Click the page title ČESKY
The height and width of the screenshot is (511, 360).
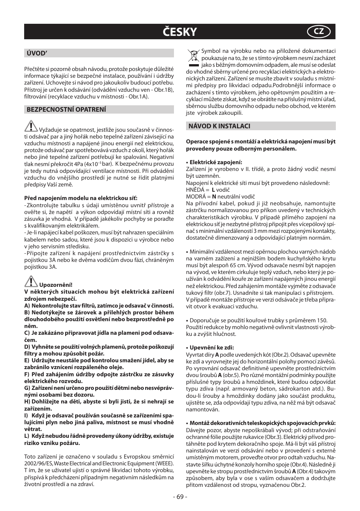(x=180, y=32)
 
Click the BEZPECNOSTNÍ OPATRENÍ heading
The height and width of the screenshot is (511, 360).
(x=66, y=109)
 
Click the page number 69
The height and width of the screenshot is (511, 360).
(x=180, y=496)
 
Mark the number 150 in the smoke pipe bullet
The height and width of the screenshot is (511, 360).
(x=322, y=320)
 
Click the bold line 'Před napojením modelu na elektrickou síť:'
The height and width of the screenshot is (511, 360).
(x=81, y=198)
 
